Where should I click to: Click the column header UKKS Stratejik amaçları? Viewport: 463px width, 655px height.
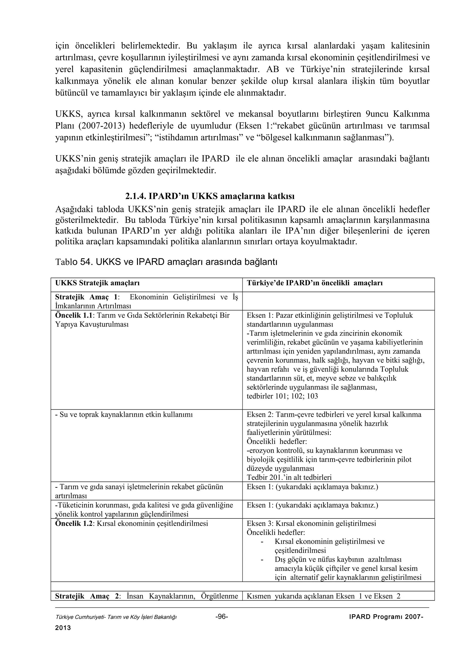[97, 283]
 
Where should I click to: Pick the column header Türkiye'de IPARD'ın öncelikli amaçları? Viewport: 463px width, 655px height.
[314, 283]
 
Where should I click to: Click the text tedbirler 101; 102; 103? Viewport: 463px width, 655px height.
[282, 396]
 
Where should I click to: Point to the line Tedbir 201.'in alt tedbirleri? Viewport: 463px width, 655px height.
[289, 478]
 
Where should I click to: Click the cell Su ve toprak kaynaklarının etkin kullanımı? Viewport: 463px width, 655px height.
[124, 415]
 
